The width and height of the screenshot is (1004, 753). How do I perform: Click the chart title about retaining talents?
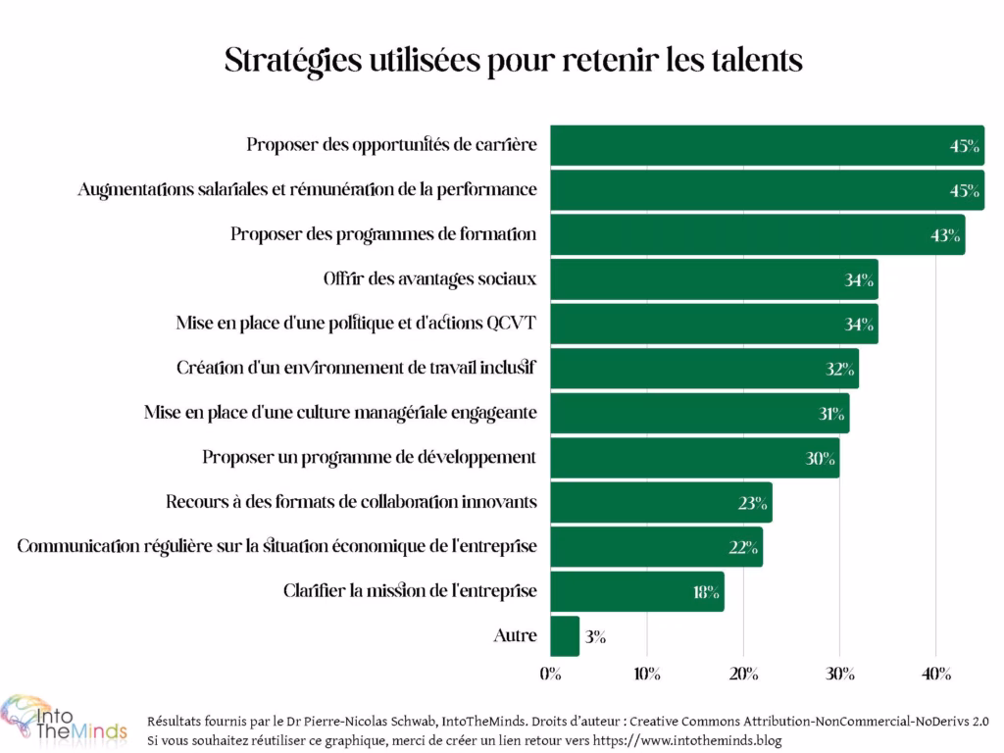[514, 60]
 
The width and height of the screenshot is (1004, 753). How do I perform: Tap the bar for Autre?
[565, 635]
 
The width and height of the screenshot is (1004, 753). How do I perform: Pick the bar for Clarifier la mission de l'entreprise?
[636, 591]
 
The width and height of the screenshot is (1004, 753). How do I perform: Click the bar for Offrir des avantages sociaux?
[714, 279]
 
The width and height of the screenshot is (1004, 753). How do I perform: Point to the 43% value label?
[946, 235]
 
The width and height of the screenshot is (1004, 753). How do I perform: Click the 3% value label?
[594, 636]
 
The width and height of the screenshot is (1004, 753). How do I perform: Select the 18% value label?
[706, 592]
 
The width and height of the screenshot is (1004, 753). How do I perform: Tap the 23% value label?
[753, 503]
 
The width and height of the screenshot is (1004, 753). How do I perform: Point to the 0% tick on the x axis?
[550, 674]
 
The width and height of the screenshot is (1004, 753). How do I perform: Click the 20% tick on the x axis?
[743, 674]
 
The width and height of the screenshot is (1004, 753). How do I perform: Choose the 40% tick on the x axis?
[935, 674]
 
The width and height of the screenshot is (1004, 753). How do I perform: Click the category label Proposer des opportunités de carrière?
[391, 145]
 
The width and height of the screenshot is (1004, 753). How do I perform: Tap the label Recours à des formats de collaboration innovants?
[351, 502]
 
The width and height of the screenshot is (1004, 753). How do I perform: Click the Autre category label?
[515, 635]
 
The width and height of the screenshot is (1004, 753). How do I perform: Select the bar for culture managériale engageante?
[699, 413]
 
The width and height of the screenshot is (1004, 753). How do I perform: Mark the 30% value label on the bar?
[820, 458]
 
